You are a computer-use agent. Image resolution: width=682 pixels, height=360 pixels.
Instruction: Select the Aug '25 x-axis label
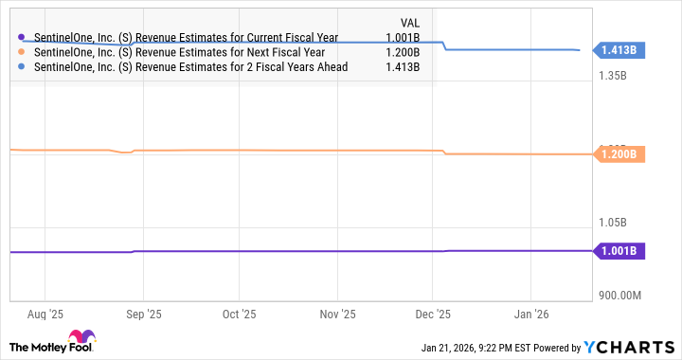click(x=45, y=313)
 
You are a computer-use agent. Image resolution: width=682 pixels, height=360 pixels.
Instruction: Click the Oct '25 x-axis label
click(x=239, y=313)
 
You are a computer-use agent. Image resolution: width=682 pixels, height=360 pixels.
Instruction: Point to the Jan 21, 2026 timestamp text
click(x=464, y=347)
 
